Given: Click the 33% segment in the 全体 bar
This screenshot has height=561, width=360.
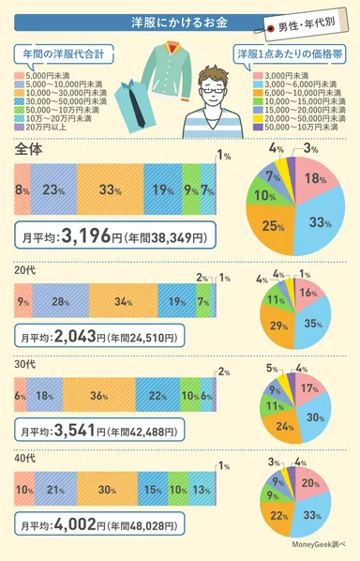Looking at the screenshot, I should click(111, 190).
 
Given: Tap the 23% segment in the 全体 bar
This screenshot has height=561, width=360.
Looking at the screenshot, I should click(53, 190).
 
